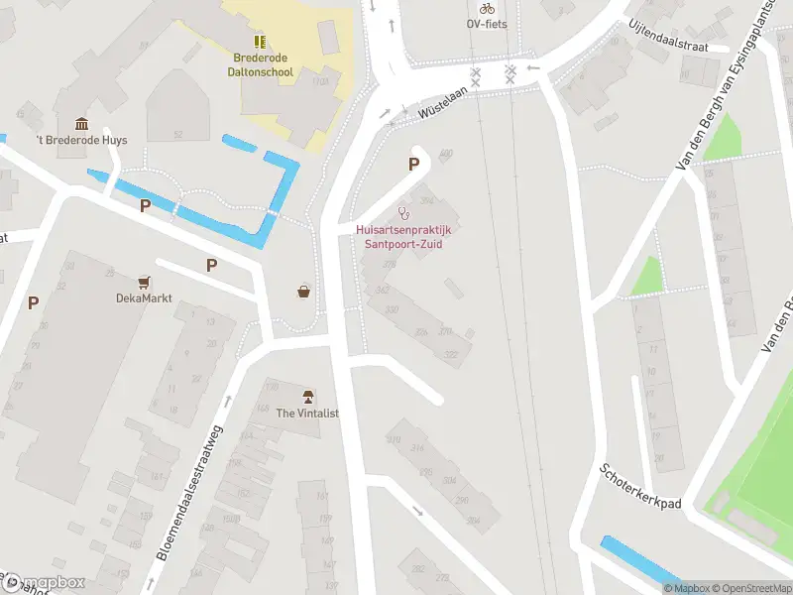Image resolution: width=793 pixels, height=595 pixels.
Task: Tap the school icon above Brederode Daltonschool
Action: coord(260,42)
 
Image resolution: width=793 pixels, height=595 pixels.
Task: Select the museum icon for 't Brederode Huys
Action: coord(79,124)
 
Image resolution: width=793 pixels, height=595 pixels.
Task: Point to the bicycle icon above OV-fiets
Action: coord(487,8)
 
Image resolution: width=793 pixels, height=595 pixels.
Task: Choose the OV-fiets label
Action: coord(487,24)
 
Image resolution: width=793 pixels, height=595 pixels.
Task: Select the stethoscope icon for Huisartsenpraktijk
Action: coord(403,213)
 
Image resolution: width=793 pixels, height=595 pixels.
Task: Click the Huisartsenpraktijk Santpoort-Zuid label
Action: coord(403,236)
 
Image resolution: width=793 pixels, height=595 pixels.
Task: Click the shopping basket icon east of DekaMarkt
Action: coord(303,292)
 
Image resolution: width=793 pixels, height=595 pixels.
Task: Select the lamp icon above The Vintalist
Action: coord(307,397)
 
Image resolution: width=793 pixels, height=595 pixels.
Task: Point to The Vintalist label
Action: coord(307,413)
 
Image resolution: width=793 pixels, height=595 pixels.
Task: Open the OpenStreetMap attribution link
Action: coord(751,588)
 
